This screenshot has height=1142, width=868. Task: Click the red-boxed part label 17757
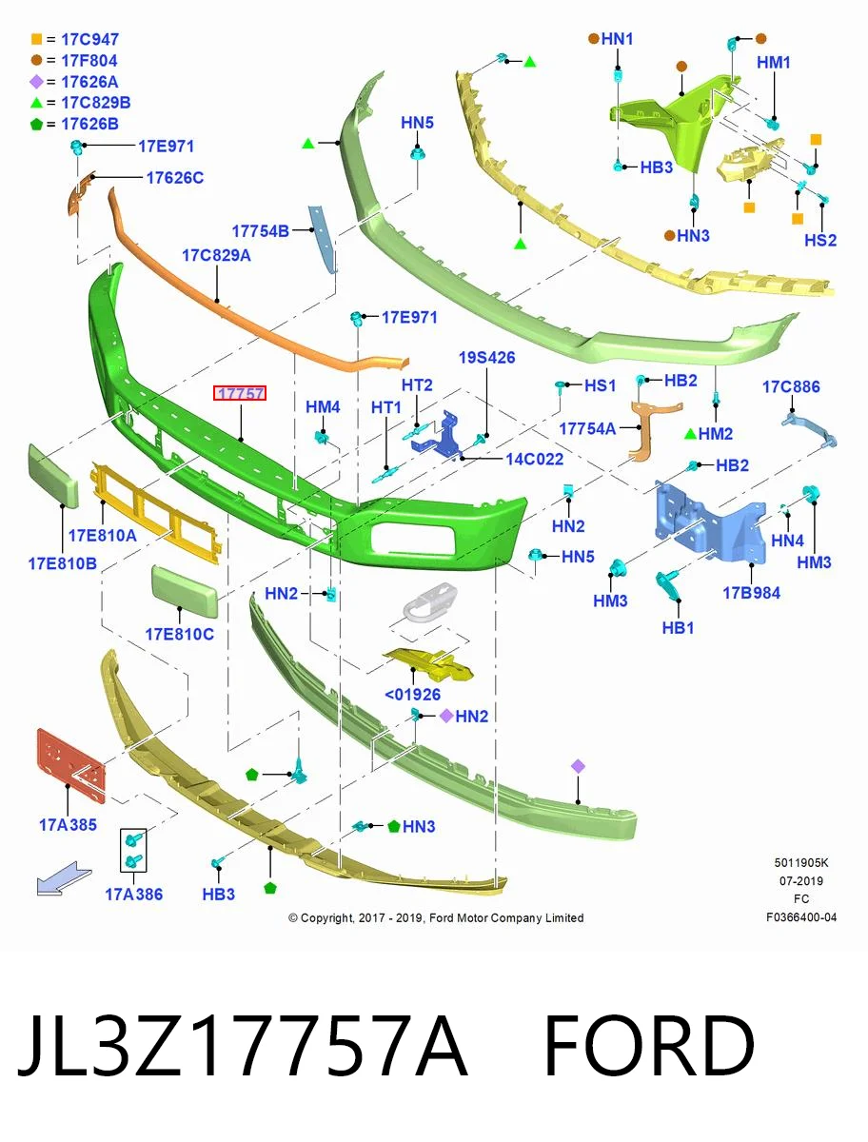coord(239,393)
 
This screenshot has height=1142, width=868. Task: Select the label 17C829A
coord(216,255)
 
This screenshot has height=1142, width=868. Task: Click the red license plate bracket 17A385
coord(71,765)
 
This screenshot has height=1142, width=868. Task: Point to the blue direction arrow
coord(64,879)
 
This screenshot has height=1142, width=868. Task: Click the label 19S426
coord(486,358)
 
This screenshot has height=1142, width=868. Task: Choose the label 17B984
coord(751,593)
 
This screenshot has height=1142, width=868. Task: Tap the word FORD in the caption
coord(648,1047)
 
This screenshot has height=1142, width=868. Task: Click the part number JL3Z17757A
coord(244,1047)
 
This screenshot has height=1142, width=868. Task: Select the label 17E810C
coord(179,634)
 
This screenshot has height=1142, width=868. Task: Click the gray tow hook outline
coord(430,602)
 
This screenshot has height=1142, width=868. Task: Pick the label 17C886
coord(791,386)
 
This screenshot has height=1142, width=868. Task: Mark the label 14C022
coord(534,459)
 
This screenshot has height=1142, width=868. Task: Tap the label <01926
coord(412,695)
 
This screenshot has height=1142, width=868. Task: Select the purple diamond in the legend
coord(36,82)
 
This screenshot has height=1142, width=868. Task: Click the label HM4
coord(323,407)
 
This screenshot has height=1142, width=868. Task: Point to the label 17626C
coord(175,178)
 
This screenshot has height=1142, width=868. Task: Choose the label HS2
coord(820,241)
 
